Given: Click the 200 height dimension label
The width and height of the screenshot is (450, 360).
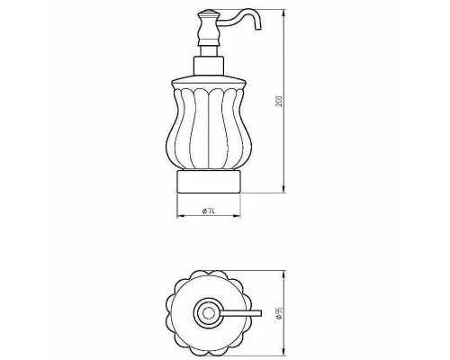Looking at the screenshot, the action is coord(279,101).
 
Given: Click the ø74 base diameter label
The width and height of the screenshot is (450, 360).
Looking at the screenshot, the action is coord(209,211).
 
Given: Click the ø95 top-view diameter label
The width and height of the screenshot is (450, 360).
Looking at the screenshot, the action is coord(279,313).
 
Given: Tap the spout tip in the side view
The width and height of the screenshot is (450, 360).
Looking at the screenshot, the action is coord(258,29).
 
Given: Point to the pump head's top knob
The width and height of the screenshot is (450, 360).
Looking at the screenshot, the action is coord(205,13).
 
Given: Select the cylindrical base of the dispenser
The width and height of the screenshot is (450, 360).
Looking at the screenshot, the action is coord(209,182).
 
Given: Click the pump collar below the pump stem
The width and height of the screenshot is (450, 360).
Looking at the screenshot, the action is coord(209,66).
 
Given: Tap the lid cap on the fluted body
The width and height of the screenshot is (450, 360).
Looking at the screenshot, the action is coord(209,82).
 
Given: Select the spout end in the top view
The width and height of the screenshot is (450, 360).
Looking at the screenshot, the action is coord(260,313).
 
